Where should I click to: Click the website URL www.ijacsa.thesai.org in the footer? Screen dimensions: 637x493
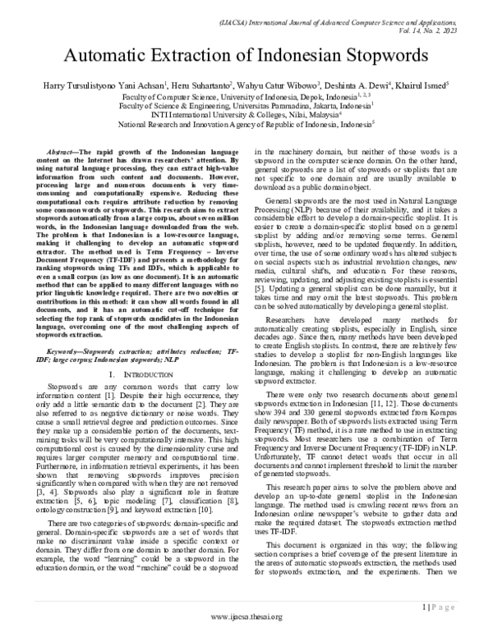[246, 616]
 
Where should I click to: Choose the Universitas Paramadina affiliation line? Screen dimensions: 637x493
[246, 105]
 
